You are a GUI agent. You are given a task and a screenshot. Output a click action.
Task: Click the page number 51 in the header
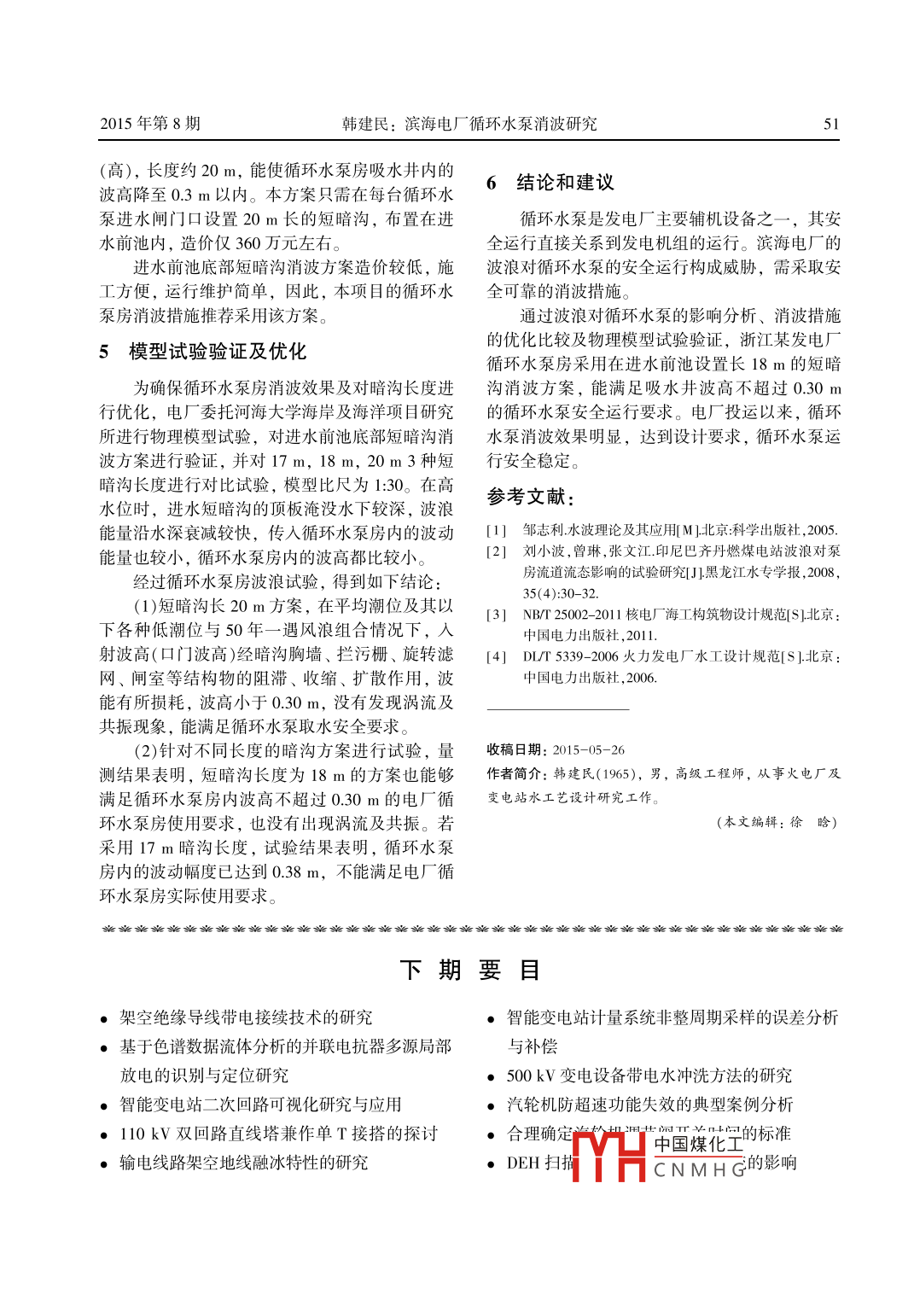[x=830, y=124]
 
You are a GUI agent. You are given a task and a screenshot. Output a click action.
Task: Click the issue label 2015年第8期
[x=150, y=124]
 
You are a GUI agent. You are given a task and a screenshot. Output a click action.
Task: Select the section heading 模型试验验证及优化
[x=218, y=352]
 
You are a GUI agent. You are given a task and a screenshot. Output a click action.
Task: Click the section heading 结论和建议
[x=565, y=183]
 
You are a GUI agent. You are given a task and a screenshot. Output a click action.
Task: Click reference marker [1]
[x=496, y=530]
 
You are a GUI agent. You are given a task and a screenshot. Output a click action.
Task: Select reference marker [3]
[x=496, y=615]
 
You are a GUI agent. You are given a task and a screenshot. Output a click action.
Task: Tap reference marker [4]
[x=496, y=657]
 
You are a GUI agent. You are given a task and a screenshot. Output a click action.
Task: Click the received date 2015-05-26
[x=588, y=750]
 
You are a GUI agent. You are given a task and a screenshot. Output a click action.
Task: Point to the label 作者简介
[x=515, y=773]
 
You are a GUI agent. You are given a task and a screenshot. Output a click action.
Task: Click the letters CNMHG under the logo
[x=700, y=1170]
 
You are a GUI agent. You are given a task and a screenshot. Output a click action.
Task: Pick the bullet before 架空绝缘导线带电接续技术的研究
[x=104, y=1019]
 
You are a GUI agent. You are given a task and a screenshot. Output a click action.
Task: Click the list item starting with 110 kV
[x=278, y=1134]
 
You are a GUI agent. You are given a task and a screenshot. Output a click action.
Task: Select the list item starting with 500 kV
[x=649, y=1075]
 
